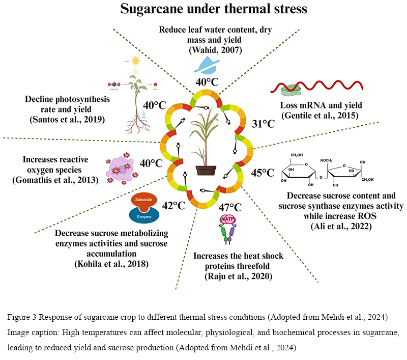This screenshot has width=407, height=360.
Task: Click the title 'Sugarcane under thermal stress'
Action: click(x=203, y=10)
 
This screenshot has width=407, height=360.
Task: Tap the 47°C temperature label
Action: click(x=230, y=207)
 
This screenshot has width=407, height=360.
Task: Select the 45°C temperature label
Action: click(x=263, y=173)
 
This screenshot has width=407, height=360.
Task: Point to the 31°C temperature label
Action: click(x=264, y=124)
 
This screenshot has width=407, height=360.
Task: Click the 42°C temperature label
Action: click(x=173, y=206)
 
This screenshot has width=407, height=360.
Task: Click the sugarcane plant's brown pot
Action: click(x=202, y=169)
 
